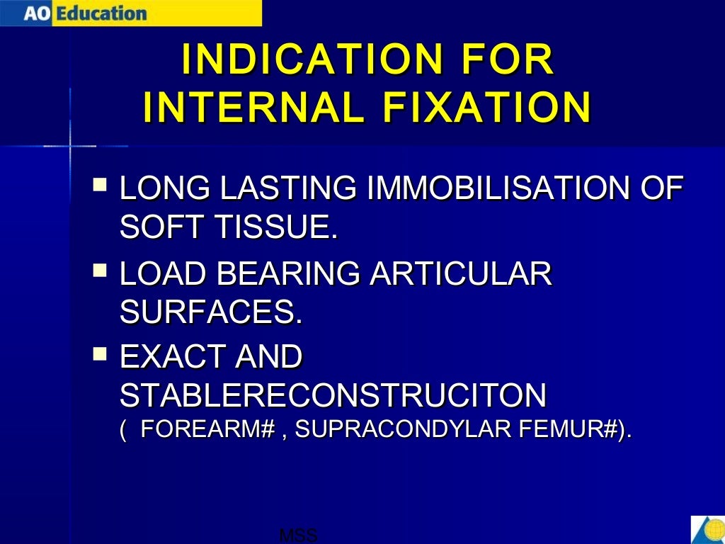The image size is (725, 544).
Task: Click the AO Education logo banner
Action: [130, 13]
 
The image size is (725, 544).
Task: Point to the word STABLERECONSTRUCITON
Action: [333, 395]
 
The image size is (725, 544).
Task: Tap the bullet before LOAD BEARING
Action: [101, 270]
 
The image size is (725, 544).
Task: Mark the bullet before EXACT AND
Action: [101, 352]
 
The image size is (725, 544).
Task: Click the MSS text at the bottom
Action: [298, 535]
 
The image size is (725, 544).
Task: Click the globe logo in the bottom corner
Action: [708, 530]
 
